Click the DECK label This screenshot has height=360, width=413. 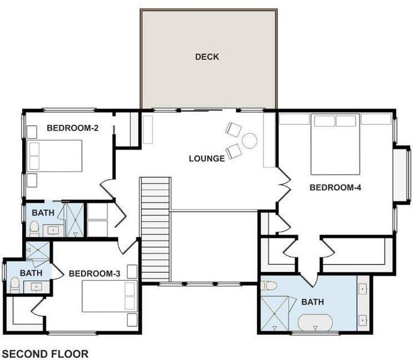click(x=207, y=57)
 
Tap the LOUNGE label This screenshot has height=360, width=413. click(x=207, y=158)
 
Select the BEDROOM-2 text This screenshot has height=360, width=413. click(x=73, y=128)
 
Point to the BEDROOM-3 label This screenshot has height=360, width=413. click(x=95, y=274)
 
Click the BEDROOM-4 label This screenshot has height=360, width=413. click(x=336, y=188)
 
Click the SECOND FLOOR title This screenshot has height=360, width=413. click(x=45, y=354)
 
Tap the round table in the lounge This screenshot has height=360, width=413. click(x=250, y=141)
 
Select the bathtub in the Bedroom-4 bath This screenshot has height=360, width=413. click(x=315, y=322)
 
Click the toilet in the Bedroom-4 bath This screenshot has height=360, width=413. click(x=269, y=286)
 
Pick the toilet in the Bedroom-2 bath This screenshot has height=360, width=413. click(x=34, y=229)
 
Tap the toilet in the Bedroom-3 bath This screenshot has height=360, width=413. click(x=15, y=285)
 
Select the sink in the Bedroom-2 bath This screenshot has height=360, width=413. click(x=53, y=230)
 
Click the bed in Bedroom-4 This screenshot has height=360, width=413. click(x=336, y=145)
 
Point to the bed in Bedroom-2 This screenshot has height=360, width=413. click(x=55, y=156)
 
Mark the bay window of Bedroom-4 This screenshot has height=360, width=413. click(x=402, y=175)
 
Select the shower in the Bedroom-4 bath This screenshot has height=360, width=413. click(x=274, y=313)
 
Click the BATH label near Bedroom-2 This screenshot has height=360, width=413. click(x=43, y=213)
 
